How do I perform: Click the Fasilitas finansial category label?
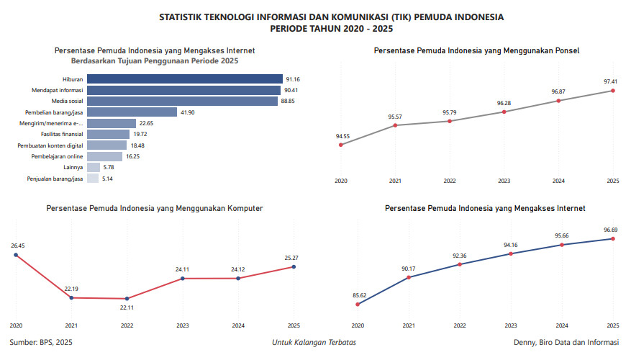pyautogui.click(x=63, y=134)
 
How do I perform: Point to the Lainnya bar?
pyautogui.click(x=94, y=167)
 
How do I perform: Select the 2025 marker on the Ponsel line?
pyautogui.click(x=612, y=91)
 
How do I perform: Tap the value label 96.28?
pyautogui.click(x=504, y=103)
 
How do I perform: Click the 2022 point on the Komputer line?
pyautogui.click(x=127, y=299)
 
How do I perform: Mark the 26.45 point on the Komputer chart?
pyautogui.click(x=16, y=255)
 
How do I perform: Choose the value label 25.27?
pyautogui.click(x=294, y=257)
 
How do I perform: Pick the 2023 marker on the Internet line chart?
pyautogui.click(x=510, y=253)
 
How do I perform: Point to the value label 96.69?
pyautogui.click(x=612, y=230)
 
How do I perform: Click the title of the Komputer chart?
pyautogui.click(x=155, y=208)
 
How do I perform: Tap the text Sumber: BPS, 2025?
pyautogui.click(x=41, y=342)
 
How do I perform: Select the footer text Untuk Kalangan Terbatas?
pyautogui.click(x=314, y=342)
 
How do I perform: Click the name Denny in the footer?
pyautogui.click(x=525, y=342)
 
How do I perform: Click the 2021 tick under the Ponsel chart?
pyautogui.click(x=394, y=181)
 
